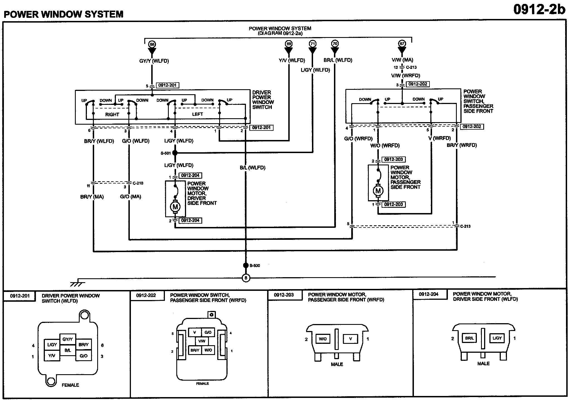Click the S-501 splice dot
(175, 153)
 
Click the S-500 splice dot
(246, 265)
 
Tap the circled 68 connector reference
(152, 44)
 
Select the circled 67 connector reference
(402, 43)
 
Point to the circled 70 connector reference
(335, 43)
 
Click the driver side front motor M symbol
(175, 207)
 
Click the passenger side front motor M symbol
(378, 191)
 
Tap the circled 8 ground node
(246, 278)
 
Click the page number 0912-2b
(539, 9)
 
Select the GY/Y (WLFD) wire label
(154, 61)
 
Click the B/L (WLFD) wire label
(252, 168)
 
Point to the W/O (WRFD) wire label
(385, 146)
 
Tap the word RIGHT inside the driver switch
(112, 115)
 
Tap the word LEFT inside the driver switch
(197, 114)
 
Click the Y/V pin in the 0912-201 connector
(52, 356)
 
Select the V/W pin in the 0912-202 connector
(202, 341)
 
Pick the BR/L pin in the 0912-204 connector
(469, 338)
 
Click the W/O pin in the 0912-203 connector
(323, 339)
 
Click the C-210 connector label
(138, 183)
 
